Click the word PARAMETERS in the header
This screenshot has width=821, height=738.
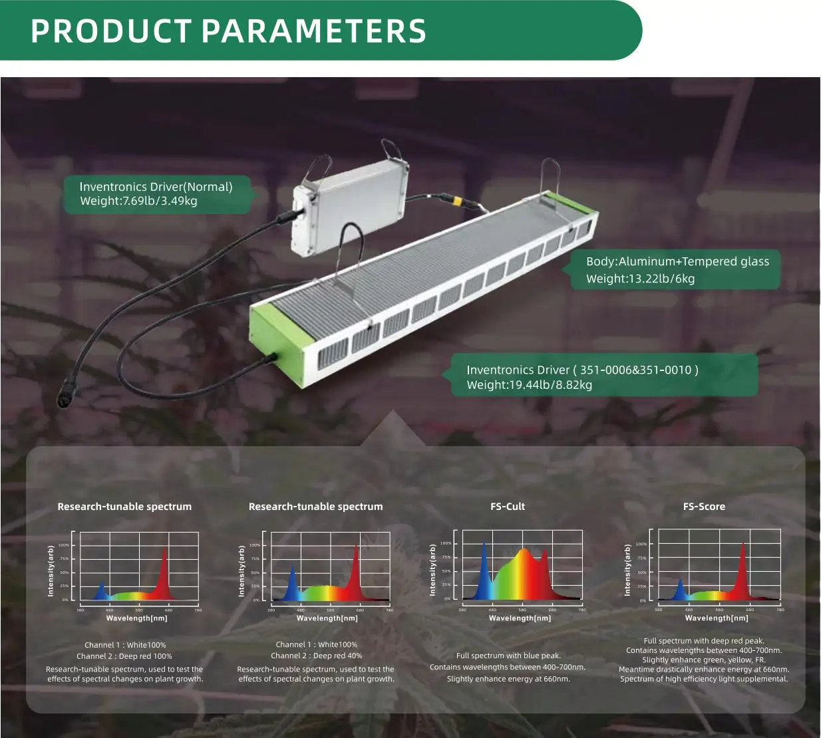(x=313, y=31)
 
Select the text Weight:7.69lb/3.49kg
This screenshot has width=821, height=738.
(x=138, y=201)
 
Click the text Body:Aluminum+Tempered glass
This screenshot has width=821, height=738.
(x=677, y=261)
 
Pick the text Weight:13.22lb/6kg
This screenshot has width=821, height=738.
(x=640, y=279)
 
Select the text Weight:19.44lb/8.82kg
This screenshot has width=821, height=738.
(x=529, y=385)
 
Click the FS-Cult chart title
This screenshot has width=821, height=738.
(x=507, y=507)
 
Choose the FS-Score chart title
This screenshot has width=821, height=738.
(x=704, y=507)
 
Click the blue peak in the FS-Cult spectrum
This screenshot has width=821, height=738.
(x=484, y=552)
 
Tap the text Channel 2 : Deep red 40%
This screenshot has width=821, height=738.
(x=316, y=656)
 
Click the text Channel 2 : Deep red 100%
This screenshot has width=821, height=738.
(x=124, y=656)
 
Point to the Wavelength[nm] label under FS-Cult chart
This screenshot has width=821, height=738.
(x=520, y=618)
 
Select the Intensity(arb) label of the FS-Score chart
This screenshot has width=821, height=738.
(x=627, y=570)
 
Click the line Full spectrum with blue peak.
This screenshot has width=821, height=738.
(x=508, y=656)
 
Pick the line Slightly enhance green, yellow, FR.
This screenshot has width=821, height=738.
(x=704, y=660)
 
